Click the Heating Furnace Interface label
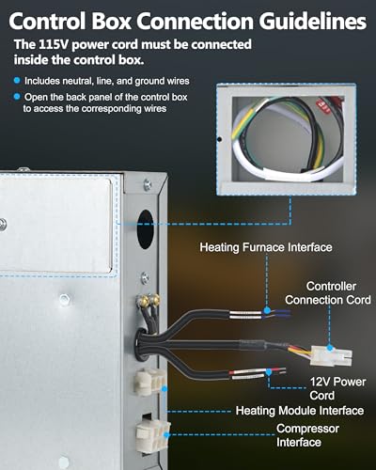[266, 247]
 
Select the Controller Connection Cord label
[328, 293]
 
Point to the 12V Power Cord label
[337, 388]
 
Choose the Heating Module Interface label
[300, 411]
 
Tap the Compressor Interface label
[307, 435]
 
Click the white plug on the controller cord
[331, 355]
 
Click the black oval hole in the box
[145, 229]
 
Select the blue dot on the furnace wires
[267, 310]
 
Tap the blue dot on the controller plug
[329, 348]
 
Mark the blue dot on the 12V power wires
[269, 372]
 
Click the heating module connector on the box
[149, 382]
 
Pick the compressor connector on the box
[153, 436]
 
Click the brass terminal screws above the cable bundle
[149, 301]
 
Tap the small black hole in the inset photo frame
[220, 139]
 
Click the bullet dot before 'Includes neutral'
[17, 81]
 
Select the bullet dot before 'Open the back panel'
[17, 97]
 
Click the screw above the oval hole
[147, 185]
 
